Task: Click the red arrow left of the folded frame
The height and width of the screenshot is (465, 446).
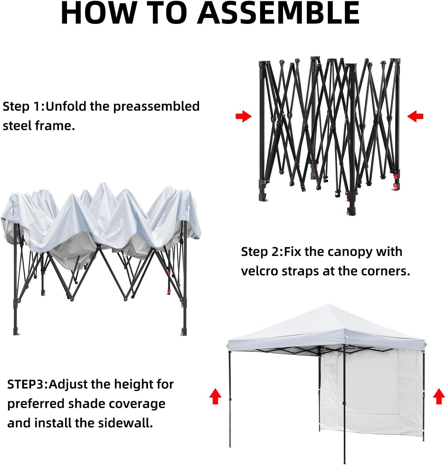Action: (x=244, y=116)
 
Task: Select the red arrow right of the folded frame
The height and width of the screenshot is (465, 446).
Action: (x=415, y=116)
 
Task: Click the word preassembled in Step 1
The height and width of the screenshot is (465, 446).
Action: (x=156, y=106)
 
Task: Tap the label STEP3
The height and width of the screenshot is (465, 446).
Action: (x=28, y=384)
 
